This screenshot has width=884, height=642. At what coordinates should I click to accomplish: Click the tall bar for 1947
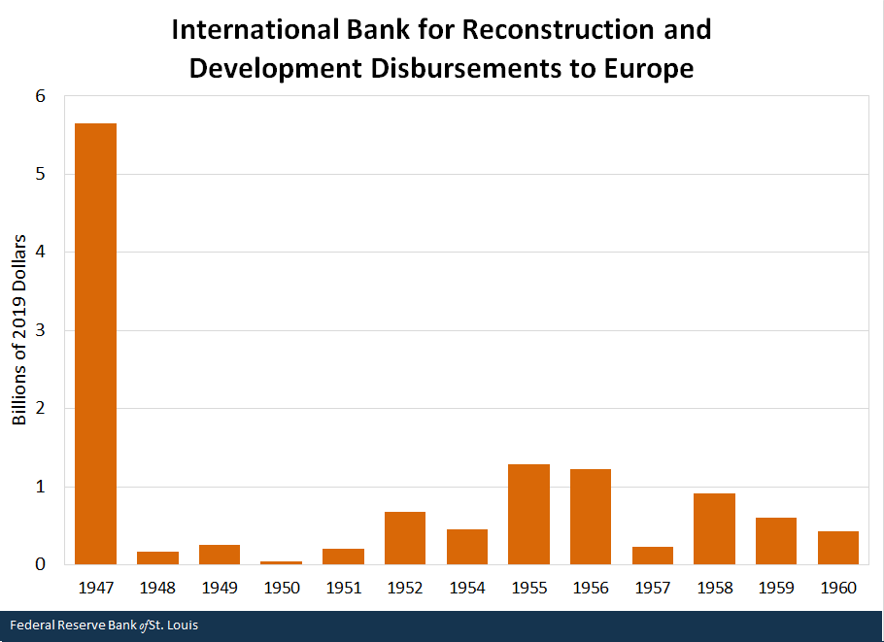point(95,344)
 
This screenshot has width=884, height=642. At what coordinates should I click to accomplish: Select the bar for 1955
point(528,515)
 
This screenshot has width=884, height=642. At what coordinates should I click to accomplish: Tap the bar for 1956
point(591,517)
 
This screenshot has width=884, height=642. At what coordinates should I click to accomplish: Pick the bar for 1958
point(714,529)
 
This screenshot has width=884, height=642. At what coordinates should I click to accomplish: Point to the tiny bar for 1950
point(281,562)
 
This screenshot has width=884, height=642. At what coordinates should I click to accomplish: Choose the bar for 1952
point(405,538)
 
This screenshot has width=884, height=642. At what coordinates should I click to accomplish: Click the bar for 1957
point(652,556)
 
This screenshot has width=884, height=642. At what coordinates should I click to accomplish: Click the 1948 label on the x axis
point(157,589)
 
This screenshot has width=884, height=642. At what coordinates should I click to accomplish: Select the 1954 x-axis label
point(466,589)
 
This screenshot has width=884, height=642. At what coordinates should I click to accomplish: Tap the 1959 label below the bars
point(776,589)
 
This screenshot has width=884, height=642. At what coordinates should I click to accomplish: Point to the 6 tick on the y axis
point(41,96)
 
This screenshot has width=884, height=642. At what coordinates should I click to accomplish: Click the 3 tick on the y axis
point(41,330)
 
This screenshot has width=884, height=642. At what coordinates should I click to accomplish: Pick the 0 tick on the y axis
point(41,564)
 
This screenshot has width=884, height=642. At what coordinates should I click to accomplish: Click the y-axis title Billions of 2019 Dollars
point(19,330)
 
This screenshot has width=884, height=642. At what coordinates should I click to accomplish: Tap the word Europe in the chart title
point(652,70)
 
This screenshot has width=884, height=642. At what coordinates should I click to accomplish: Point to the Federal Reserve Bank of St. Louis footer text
point(105,625)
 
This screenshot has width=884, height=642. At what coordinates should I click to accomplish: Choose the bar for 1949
point(220,555)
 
